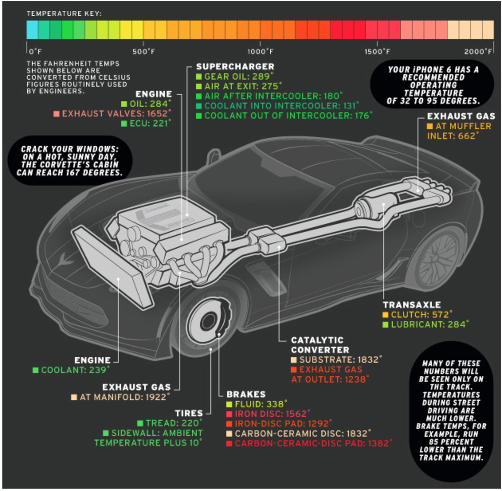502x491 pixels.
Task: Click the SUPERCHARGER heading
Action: pos(235,67)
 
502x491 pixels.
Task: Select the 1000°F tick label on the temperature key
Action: pos(260,52)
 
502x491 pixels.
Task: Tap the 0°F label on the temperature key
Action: pos(35,52)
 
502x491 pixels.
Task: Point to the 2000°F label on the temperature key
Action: pos(478,52)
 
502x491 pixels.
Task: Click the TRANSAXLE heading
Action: pos(412,305)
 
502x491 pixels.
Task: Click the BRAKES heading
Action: pos(246,394)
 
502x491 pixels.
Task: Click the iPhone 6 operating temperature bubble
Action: pos(433,85)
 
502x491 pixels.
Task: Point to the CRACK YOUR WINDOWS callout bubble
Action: pos(70,161)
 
